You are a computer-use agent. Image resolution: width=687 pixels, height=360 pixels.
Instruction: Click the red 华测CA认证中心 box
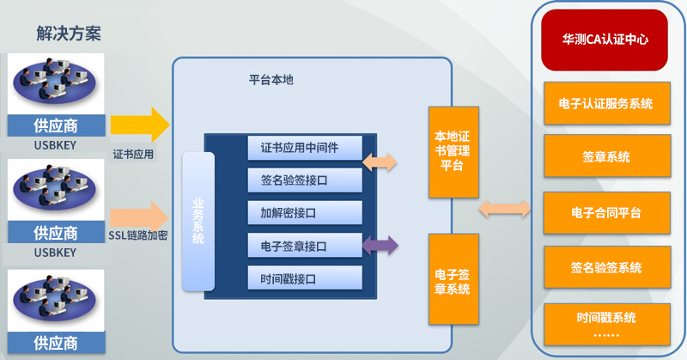[605, 40]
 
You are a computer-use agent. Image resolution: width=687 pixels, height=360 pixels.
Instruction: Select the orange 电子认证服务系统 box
[607, 103]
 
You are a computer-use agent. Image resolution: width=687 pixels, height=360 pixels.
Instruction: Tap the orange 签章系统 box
[607, 156]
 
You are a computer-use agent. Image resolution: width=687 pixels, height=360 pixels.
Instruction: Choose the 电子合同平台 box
[607, 213]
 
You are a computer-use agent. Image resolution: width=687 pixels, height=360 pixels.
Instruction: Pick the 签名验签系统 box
[607, 267]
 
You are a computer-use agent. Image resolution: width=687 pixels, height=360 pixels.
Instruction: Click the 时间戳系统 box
[607, 324]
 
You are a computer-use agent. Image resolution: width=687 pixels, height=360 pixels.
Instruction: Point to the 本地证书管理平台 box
[453, 152]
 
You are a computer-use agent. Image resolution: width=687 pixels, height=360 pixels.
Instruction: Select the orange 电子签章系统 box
[453, 279]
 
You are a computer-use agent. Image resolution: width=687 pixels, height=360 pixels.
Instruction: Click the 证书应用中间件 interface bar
[305, 148]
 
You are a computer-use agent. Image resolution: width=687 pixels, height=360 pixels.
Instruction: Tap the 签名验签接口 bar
[305, 180]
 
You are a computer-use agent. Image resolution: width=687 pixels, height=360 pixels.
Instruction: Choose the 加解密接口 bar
[305, 213]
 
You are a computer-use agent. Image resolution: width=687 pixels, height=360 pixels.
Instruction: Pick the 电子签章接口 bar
[305, 246]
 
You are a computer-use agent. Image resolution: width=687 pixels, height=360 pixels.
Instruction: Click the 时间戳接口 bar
[305, 278]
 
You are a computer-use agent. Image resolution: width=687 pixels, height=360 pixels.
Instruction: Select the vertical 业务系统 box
[198, 222]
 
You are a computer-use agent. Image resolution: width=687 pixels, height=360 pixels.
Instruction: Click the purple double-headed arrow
[380, 245]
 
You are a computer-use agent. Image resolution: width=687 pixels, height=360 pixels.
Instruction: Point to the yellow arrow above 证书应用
[140, 125]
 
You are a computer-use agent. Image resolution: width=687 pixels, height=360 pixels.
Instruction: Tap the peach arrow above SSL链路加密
[139, 217]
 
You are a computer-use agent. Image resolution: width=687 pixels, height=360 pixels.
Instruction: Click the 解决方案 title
[69, 34]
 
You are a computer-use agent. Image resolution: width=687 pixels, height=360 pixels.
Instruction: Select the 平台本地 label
[271, 80]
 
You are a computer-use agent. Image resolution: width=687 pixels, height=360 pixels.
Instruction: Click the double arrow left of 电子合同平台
[504, 209]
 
